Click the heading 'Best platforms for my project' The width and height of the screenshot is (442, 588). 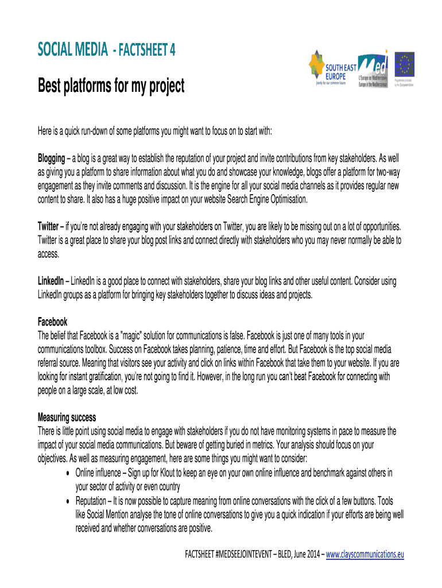pyautogui.click(x=111, y=87)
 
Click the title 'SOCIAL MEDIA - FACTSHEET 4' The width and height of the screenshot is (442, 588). pyautogui.click(x=107, y=51)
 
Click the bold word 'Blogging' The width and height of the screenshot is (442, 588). pyautogui.click(x=51, y=158)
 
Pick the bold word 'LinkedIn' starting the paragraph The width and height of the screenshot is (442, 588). pyautogui.click(x=51, y=281)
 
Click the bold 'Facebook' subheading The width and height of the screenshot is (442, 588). pyautogui.click(x=52, y=322)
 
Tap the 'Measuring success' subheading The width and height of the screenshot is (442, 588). pyautogui.click(x=67, y=417)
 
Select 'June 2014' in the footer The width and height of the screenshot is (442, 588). pyautogui.click(x=304, y=554)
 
